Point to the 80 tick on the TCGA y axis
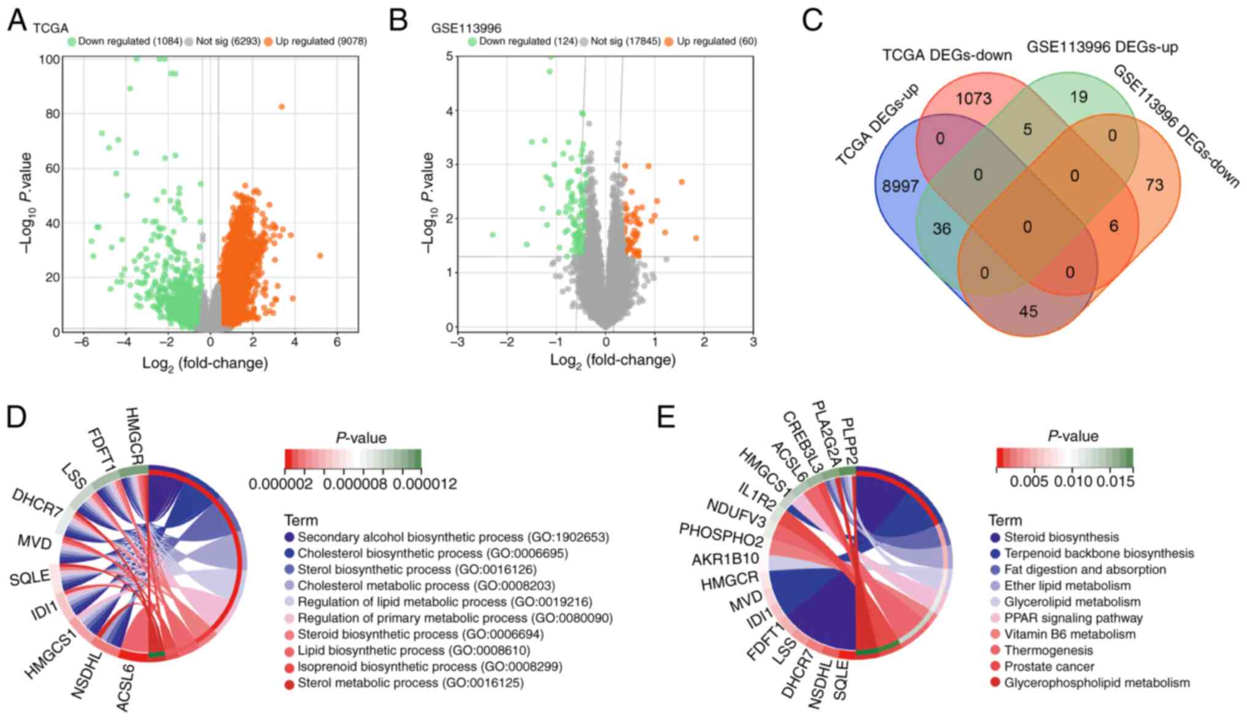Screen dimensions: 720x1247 click(53, 114)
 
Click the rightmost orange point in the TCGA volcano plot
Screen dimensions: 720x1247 click(320, 255)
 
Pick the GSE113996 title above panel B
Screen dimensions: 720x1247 click(466, 28)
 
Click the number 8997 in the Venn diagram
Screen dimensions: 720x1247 click(900, 186)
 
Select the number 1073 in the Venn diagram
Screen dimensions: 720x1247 click(974, 98)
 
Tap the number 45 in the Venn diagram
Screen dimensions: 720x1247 click(1029, 312)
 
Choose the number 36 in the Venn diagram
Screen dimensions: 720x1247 click(941, 229)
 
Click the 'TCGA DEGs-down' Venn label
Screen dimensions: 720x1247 click(947, 55)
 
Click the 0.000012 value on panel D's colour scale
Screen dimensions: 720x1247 click(425, 484)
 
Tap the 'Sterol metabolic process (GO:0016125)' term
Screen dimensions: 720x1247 click(411, 683)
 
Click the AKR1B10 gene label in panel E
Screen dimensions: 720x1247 click(725, 559)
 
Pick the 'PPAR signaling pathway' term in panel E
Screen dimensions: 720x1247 click(1073, 618)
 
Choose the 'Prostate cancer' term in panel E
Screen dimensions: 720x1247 click(1049, 667)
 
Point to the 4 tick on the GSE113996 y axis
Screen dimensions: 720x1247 click(449, 111)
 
